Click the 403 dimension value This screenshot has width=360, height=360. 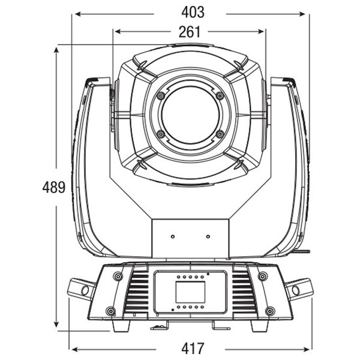coord(193,12)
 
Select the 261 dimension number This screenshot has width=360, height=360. coord(190,32)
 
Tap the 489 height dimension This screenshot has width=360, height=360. coord(53,187)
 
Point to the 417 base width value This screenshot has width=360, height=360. coord(193,348)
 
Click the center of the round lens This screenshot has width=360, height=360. coord(190,115)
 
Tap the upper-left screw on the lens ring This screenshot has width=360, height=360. coord(161,95)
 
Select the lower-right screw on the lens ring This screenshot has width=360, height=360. coord(220,134)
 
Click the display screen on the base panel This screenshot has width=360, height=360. coord(190,292)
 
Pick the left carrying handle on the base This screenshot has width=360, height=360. coord(81,289)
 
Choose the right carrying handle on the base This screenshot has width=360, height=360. coord(299,289)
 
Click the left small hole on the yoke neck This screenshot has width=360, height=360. coord(173,237)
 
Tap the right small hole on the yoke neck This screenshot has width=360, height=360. coord(208,237)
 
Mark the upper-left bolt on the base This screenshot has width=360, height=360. coord(118,276)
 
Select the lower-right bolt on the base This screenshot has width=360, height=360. coord(270,311)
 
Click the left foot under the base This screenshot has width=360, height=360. coord(121,326)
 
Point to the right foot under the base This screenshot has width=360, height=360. coord(260,326)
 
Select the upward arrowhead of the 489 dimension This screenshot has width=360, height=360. coord(56,50)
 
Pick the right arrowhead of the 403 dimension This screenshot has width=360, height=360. coord(302,14)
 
